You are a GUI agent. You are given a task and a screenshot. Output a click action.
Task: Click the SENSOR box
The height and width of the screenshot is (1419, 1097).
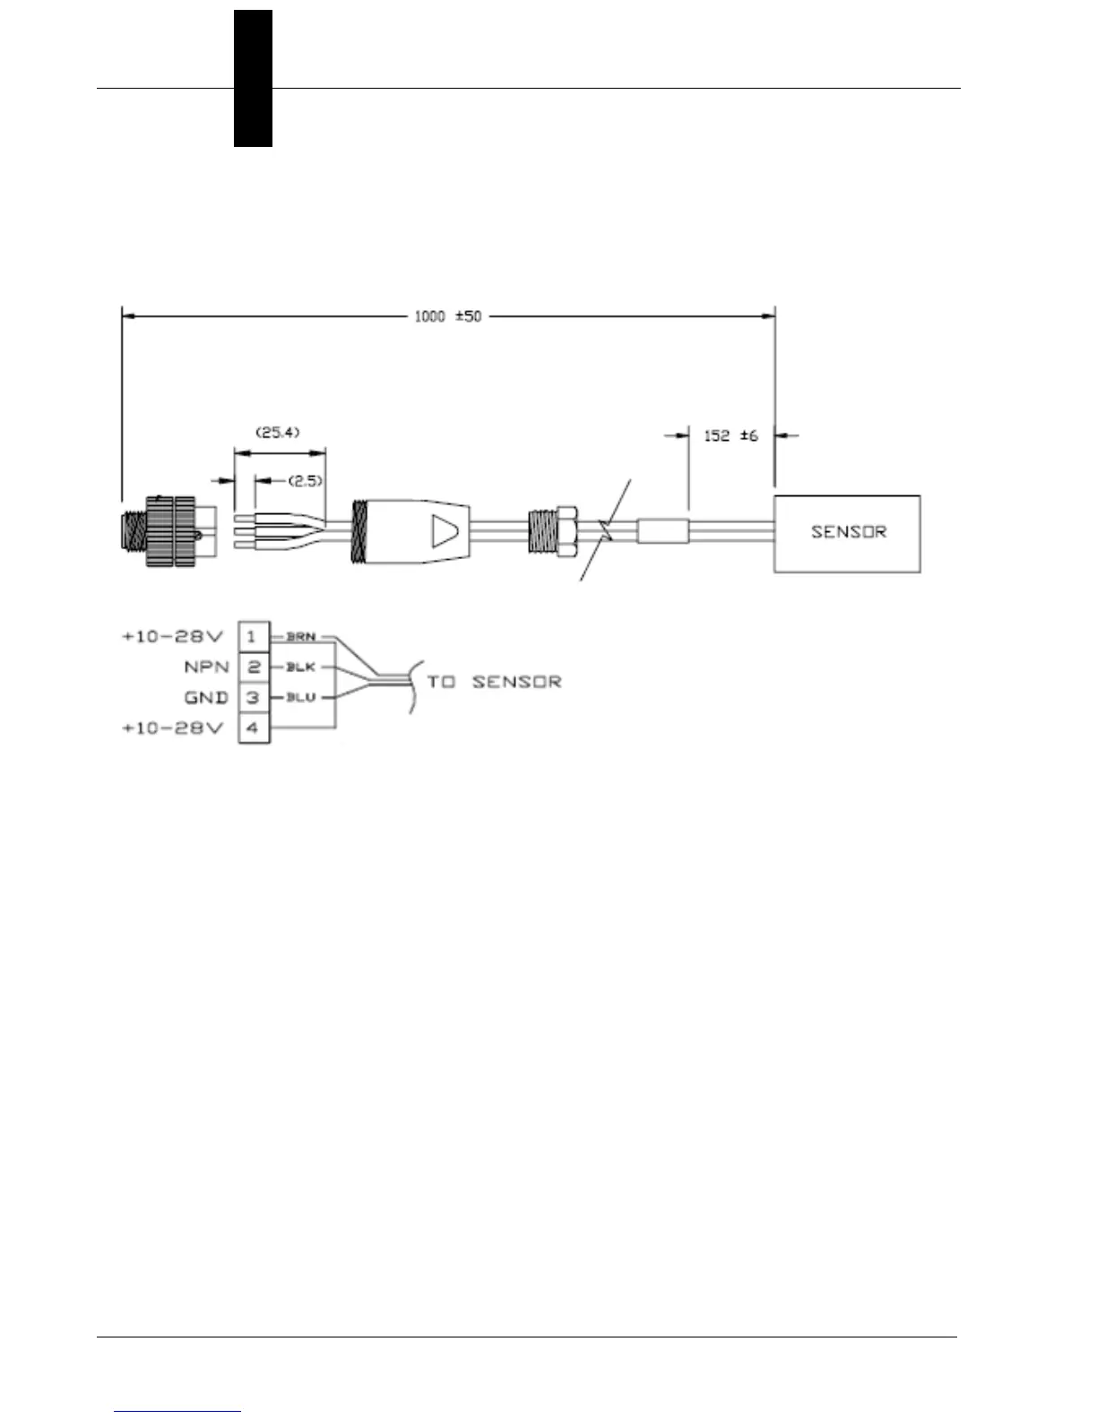[x=847, y=534]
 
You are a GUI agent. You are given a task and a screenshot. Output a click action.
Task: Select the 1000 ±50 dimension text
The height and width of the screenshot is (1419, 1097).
[x=447, y=316]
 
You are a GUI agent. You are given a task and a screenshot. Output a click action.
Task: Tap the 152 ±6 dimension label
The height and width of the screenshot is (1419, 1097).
[x=731, y=435]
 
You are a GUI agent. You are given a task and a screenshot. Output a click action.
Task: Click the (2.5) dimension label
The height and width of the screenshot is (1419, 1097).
[x=304, y=481]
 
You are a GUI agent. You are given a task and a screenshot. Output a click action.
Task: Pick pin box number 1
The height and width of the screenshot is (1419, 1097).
[x=253, y=637]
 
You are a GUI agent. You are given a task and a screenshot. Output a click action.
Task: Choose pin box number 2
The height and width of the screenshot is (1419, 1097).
[x=253, y=667]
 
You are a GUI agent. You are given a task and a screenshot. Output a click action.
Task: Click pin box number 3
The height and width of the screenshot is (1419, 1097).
[x=253, y=698]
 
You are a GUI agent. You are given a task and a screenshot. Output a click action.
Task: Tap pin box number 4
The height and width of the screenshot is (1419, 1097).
[x=253, y=728]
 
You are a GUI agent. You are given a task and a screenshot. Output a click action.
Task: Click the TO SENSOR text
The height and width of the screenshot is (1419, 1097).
[x=494, y=683]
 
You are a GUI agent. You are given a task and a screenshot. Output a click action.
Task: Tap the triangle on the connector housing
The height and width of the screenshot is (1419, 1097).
[x=443, y=531]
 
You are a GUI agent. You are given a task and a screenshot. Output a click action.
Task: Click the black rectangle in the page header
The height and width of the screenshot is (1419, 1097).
[x=253, y=78]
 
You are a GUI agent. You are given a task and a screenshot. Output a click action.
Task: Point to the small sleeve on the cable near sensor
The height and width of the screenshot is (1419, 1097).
[x=662, y=531]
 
